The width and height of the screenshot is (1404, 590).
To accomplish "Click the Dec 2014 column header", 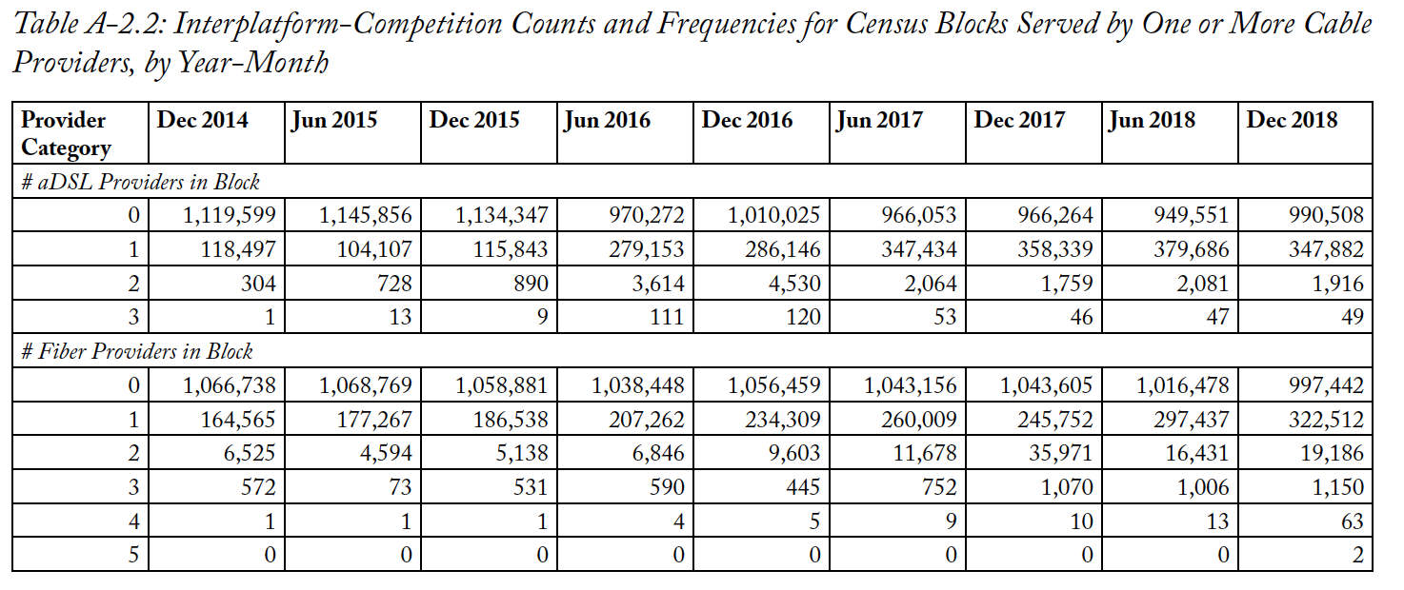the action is (202, 120).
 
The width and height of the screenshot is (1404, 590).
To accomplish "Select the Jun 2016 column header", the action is (607, 120).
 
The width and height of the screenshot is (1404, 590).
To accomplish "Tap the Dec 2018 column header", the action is (1292, 120).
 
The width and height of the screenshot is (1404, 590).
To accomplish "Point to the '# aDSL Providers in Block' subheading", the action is (140, 182).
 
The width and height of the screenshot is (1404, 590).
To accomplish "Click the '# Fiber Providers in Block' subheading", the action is (136, 351).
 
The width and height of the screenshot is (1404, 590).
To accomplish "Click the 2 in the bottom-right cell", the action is (1357, 554).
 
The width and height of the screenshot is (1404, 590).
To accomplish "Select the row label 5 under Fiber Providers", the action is (133, 554).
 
